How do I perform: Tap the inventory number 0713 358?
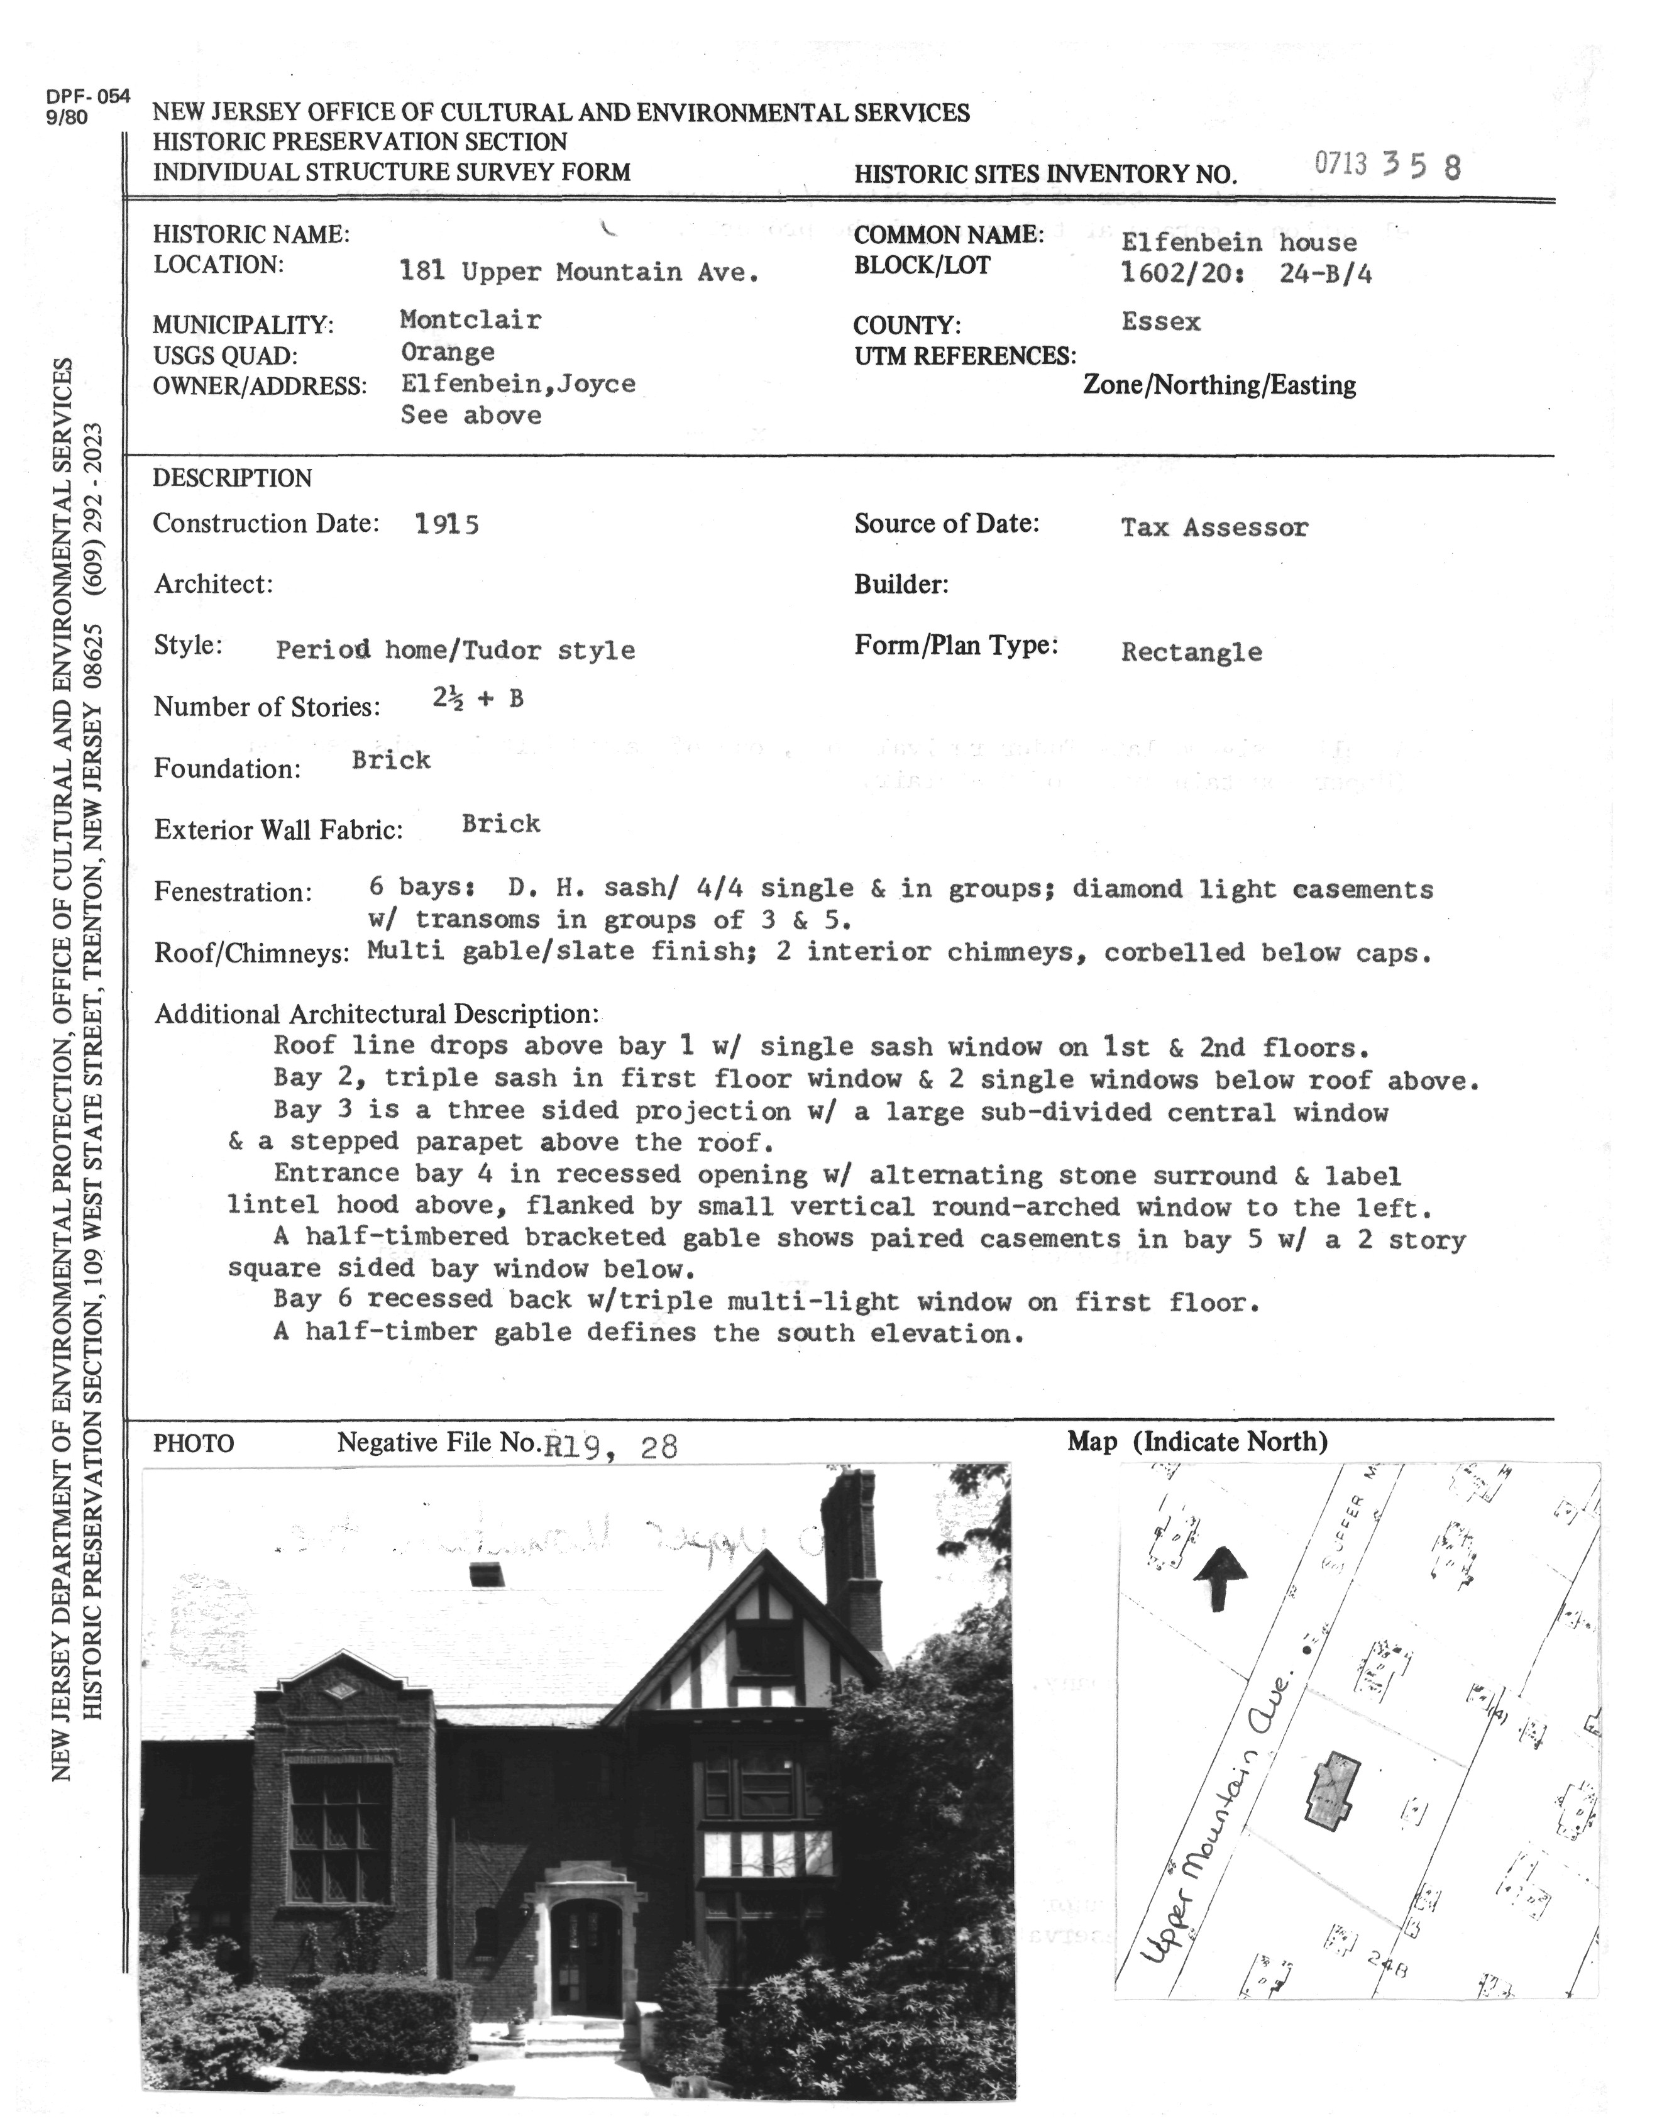pyautogui.click(x=1387, y=165)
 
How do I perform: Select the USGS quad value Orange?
pyautogui.click(x=448, y=352)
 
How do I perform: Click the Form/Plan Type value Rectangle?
pyautogui.click(x=1191, y=652)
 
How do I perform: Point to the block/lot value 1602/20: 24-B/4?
pyautogui.click(x=1245, y=273)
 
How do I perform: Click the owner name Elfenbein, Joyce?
pyautogui.click(x=517, y=383)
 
